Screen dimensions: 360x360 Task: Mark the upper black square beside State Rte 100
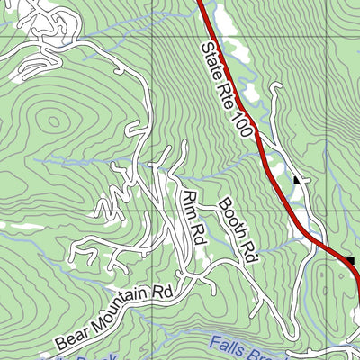pos(297,181)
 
